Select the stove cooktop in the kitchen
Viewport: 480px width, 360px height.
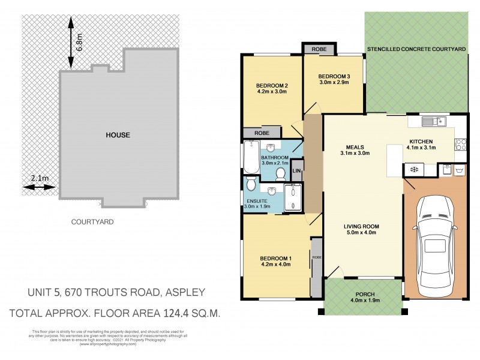tap(461, 144)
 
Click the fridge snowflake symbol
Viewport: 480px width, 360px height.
tap(413, 170)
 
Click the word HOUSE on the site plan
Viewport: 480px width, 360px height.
tap(118, 135)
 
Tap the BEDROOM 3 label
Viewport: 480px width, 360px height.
tap(334, 76)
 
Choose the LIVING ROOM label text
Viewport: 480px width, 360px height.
tap(362, 227)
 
